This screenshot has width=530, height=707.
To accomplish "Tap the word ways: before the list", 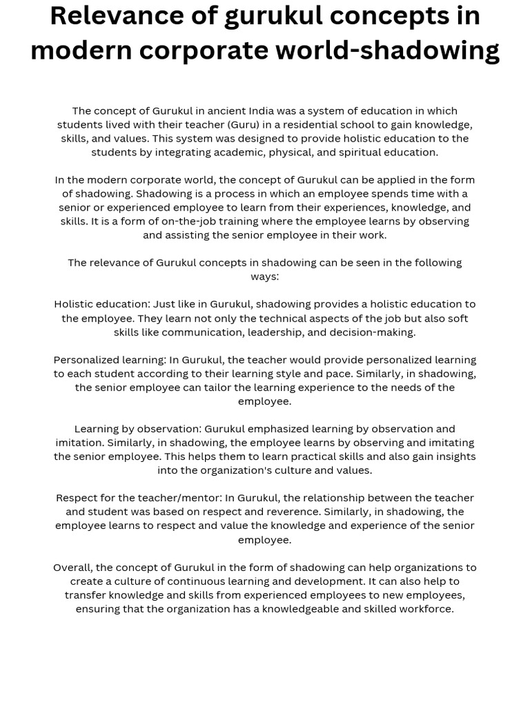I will coord(265,276).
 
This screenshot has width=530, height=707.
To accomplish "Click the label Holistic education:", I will coord(101,304).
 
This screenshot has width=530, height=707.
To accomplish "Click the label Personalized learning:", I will coord(110,360).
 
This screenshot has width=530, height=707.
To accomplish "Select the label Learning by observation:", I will coord(138,429).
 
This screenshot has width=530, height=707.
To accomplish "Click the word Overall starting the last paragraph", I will coord(72,568).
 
